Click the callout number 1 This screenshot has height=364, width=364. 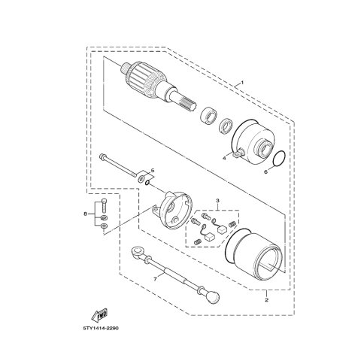click(242, 83)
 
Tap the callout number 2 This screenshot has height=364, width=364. click(266, 300)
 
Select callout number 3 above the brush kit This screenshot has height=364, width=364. click(217, 201)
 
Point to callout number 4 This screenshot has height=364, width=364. click(224, 158)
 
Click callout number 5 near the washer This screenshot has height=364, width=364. click(153, 171)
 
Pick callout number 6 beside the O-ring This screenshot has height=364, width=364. click(266, 171)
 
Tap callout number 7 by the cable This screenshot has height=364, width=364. click(155, 279)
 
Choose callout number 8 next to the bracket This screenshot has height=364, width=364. click(85, 214)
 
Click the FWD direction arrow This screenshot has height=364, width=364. click(100, 315)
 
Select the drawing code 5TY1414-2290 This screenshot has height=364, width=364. click(101, 329)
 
